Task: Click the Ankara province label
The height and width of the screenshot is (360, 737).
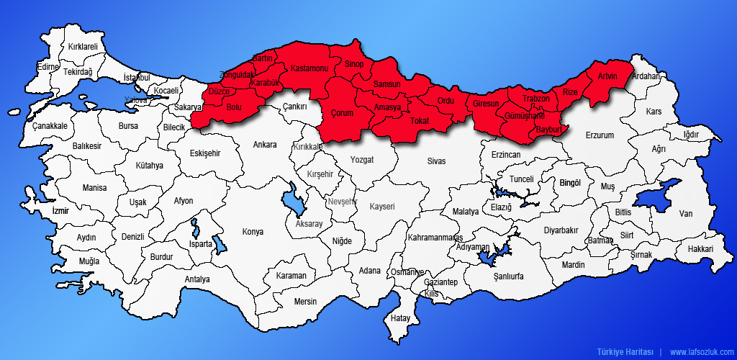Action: pyautogui.click(x=264, y=145)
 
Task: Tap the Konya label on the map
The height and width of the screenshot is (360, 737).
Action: pyautogui.click(x=253, y=232)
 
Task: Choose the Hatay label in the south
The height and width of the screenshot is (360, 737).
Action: pyautogui.click(x=399, y=318)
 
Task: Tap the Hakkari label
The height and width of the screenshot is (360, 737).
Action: pyautogui.click(x=700, y=249)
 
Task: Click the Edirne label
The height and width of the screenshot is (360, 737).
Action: pyautogui.click(x=47, y=67)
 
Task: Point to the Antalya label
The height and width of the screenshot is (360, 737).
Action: pyautogui.click(x=196, y=279)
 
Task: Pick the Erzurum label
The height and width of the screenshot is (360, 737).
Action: pyautogui.click(x=600, y=135)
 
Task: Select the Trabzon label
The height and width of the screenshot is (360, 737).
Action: pyautogui.click(x=535, y=99)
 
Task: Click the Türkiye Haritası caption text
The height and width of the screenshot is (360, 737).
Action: pyautogui.click(x=625, y=352)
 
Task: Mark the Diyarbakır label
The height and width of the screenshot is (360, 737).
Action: pyautogui.click(x=561, y=230)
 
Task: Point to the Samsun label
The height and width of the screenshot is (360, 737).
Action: pyautogui.click(x=386, y=85)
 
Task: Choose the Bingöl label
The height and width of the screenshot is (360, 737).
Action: pyautogui.click(x=570, y=183)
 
